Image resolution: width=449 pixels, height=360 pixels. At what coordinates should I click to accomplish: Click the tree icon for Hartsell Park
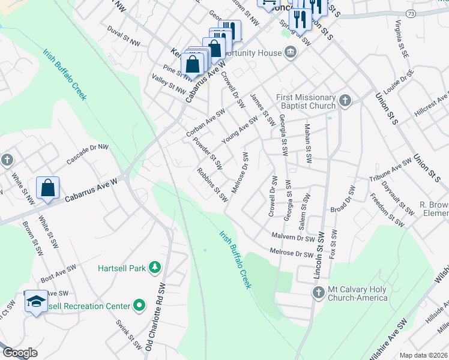[155, 267]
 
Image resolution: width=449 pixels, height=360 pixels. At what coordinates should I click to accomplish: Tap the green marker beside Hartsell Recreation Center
[139, 306]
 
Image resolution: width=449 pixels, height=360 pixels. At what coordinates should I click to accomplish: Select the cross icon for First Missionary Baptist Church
[345, 101]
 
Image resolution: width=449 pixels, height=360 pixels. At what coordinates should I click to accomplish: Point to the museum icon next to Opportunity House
[291, 53]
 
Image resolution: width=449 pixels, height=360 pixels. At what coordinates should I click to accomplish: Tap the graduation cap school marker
[36, 302]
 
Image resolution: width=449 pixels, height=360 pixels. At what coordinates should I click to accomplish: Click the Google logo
[20, 353]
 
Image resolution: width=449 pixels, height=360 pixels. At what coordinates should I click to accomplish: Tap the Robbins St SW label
[213, 184]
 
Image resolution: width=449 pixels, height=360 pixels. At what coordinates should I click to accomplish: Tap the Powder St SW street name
[208, 154]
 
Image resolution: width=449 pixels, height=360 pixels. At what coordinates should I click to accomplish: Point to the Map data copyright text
[423, 355]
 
